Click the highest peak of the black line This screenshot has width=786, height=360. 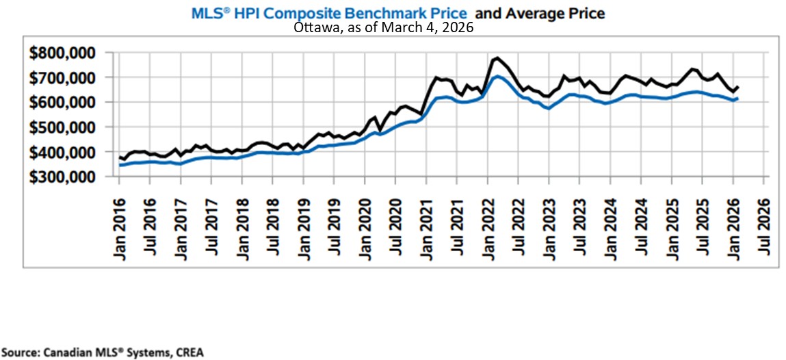pyautogui.click(x=497, y=58)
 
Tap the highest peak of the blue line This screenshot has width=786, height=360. pyautogui.click(x=497, y=76)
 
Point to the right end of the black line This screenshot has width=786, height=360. pyautogui.click(x=737, y=86)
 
